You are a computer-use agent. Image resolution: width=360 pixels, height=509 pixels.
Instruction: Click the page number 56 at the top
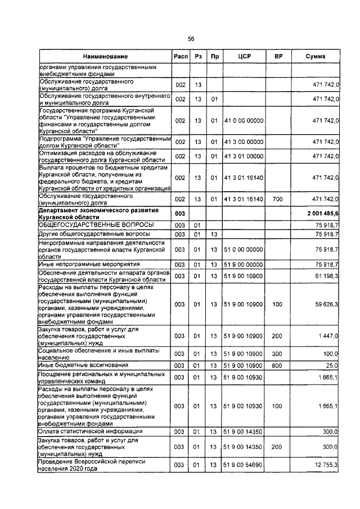point(191,38)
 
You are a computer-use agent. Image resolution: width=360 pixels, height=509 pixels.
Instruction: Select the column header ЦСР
point(244,57)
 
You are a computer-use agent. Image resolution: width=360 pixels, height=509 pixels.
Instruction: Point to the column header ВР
point(278,57)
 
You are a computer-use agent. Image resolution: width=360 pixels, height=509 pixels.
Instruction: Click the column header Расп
point(181,57)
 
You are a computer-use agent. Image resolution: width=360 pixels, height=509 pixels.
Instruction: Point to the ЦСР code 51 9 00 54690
point(244,466)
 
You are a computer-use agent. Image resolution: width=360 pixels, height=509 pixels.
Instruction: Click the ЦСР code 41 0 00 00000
point(244,120)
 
